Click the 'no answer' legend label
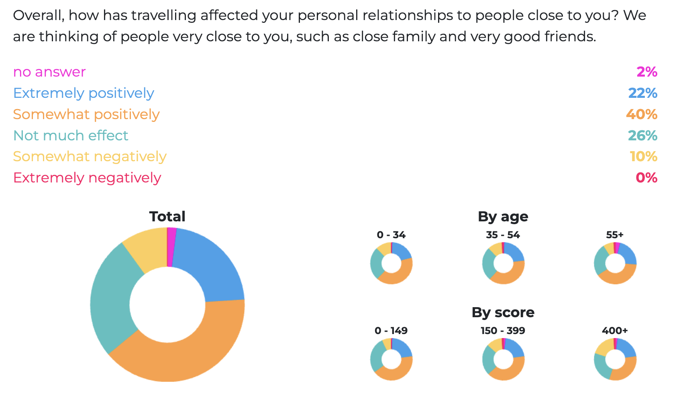coord(49,72)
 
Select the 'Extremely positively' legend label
coord(84,93)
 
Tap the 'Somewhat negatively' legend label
coord(90,156)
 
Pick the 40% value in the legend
coord(641,114)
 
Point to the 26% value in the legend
coord(642,136)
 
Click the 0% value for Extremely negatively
coord(646,178)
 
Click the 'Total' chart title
coord(167,217)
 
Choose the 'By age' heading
coord(503,217)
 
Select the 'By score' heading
coord(503,312)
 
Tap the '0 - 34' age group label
coord(391,235)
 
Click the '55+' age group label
coord(615,235)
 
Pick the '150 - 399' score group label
coord(503,331)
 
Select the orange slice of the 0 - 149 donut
coord(396,373)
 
